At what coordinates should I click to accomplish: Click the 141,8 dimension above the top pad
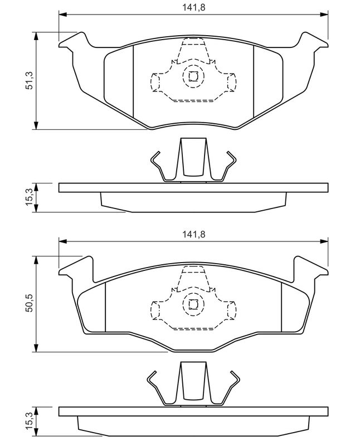(x=193, y=7)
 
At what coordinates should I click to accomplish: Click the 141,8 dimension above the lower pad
(x=193, y=234)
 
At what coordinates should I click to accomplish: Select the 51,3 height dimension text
(x=30, y=81)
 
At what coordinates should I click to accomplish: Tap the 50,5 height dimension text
(x=30, y=303)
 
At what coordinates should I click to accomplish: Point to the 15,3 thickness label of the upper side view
(x=30, y=198)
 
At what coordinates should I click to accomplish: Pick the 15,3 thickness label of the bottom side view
(x=30, y=421)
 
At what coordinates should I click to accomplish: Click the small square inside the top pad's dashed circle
(x=193, y=76)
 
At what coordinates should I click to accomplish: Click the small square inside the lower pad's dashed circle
(x=193, y=304)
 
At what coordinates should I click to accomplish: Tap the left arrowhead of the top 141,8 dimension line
(x=63, y=14)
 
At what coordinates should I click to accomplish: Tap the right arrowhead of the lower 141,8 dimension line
(x=324, y=241)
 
